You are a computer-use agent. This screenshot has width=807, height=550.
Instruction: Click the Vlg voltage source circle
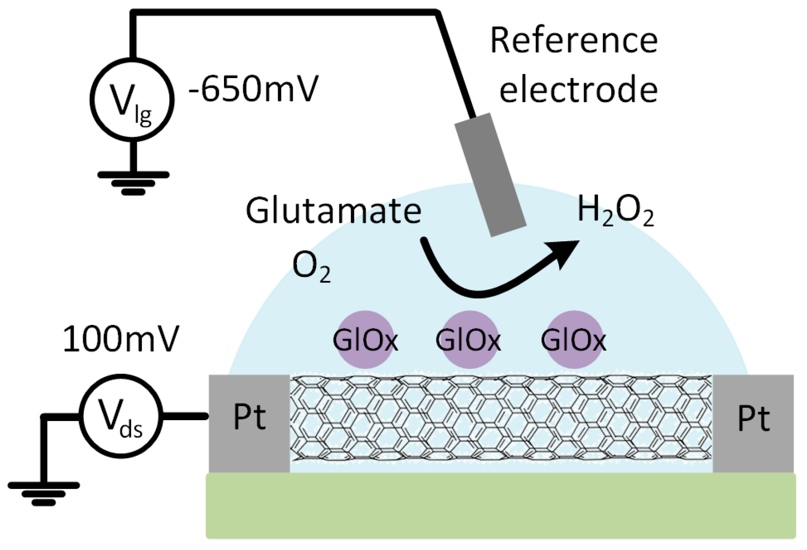(132, 99)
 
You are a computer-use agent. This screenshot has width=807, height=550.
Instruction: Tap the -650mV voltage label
(254, 89)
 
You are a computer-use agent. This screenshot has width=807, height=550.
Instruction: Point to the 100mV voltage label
(120, 340)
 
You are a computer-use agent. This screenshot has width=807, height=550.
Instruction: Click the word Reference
(574, 41)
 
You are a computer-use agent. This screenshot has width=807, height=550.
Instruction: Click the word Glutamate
(333, 211)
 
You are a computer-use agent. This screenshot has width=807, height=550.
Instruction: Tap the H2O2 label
(615, 211)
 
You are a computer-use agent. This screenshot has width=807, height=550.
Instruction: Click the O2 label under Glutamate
(311, 268)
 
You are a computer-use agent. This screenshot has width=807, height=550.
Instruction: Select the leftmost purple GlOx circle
(365, 340)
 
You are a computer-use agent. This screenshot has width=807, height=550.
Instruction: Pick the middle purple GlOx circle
(468, 340)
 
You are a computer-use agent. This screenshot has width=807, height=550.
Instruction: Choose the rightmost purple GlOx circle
(574, 340)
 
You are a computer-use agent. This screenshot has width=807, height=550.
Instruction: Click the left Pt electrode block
(249, 423)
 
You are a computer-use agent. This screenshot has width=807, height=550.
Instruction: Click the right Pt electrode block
(753, 423)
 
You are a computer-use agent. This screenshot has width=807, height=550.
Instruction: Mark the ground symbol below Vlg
(133, 183)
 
